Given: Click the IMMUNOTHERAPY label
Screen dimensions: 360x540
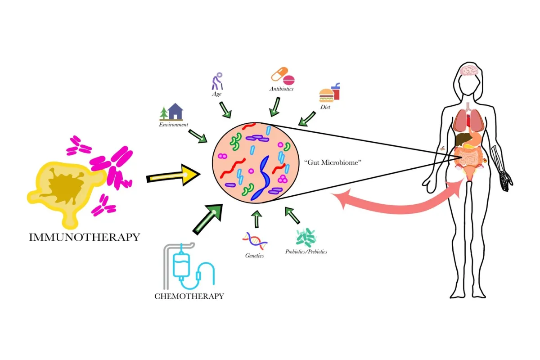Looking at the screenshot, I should click(85, 237).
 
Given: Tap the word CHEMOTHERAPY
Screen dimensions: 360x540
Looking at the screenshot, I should click(189, 296).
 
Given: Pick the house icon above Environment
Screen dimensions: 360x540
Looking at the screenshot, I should click(175, 112).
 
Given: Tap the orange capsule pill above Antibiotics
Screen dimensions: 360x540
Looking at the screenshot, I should click(279, 73).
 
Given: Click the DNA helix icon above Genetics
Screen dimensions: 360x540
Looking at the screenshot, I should click(255, 241).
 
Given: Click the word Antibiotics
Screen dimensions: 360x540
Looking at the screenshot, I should click(282, 89).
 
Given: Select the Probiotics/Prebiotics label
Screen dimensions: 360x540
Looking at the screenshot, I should click(306, 252).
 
